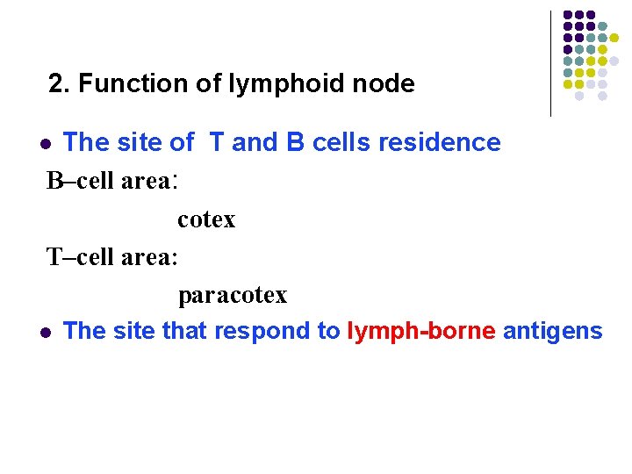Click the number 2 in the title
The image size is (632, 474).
pyautogui.click(x=57, y=84)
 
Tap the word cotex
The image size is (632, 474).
pyautogui.click(x=206, y=219)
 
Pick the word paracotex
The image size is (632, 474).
pyautogui.click(x=233, y=295)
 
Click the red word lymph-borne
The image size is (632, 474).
pyautogui.click(x=421, y=331)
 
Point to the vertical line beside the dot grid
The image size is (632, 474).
pyautogui.click(x=550, y=63)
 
